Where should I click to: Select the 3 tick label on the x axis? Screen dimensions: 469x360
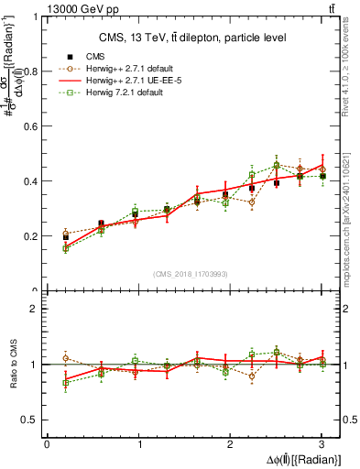pyautogui.click(x=322, y=444)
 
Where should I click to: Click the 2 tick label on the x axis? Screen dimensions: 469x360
pyautogui.click(x=230, y=444)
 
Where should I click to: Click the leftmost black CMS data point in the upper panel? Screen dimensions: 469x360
pyautogui.click(x=65, y=237)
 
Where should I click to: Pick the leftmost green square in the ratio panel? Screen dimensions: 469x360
pyautogui.click(x=65, y=383)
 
